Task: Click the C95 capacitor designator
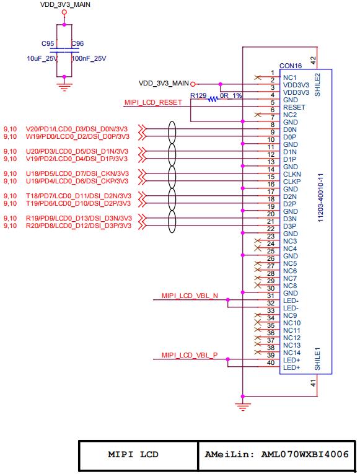click(48, 43)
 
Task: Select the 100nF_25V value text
click(89, 58)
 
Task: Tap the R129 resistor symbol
click(213, 99)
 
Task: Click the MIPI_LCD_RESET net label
click(153, 102)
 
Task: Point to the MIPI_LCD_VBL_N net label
click(190, 296)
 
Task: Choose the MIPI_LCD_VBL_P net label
click(190, 355)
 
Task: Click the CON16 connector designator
click(291, 66)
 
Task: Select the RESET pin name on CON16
click(294, 107)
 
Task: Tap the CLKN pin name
click(292, 175)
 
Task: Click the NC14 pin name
click(292, 353)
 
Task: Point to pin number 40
click(271, 362)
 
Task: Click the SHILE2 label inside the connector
click(317, 85)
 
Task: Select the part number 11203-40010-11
click(321, 198)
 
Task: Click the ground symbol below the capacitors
click(64, 87)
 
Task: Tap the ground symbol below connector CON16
click(242, 407)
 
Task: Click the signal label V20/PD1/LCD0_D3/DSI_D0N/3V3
click(77, 129)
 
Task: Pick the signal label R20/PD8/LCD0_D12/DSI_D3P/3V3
click(79, 226)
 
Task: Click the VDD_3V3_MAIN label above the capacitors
click(65, 4)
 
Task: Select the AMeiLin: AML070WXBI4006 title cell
click(276, 455)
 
